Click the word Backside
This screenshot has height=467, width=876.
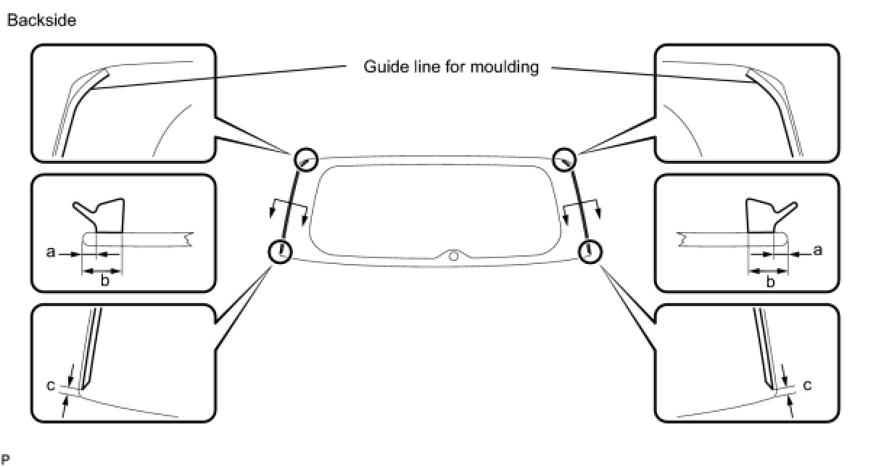coord(41,21)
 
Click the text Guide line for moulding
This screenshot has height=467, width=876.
coord(450,67)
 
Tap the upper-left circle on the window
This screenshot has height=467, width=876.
coord(306,159)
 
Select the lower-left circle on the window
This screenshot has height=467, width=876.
coord(279,252)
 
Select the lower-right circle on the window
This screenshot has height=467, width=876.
coord(590,251)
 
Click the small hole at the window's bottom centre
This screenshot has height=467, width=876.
coord(453,255)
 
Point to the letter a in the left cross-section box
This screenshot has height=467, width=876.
coord(50,253)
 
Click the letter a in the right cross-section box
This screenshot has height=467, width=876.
coord(818,251)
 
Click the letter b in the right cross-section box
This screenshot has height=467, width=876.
coord(770,281)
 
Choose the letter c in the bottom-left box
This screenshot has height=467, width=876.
coord(50,385)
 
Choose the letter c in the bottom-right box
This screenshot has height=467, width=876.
coord(807,385)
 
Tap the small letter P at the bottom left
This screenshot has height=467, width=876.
coord(6,458)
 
